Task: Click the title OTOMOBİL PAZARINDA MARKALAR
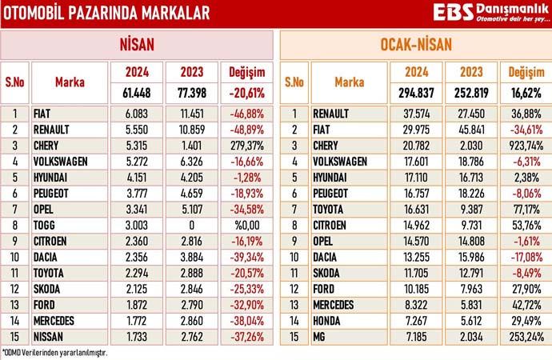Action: click(108, 13)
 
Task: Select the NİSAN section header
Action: click(138, 45)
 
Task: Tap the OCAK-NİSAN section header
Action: click(414, 45)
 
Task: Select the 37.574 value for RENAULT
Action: click(416, 114)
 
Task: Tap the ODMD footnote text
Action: click(54, 352)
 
